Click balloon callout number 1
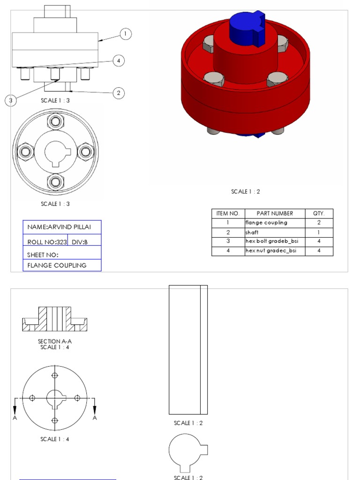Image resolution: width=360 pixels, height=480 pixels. (125, 34)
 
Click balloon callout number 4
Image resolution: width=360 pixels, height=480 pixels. (119, 60)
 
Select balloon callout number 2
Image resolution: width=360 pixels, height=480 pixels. (119, 93)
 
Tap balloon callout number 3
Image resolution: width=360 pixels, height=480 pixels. (11, 100)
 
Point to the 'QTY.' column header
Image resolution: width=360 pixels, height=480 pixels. (319, 213)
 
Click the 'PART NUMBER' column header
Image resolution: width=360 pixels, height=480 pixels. (275, 213)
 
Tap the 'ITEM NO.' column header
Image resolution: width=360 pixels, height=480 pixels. (228, 213)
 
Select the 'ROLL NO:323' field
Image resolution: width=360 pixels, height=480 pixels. (47, 242)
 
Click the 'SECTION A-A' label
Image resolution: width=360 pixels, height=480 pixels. (55, 341)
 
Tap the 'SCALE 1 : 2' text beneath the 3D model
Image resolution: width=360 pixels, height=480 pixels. (245, 191)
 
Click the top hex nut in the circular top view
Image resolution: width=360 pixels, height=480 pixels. (56, 122)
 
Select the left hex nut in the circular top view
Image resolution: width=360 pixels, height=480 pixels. (23, 151)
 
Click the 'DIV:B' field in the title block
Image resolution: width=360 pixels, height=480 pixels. (80, 242)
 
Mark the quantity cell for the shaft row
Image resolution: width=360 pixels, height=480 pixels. (319, 232)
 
